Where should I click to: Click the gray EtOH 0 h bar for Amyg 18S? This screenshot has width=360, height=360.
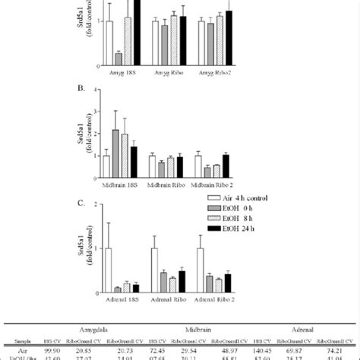click(118, 58)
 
